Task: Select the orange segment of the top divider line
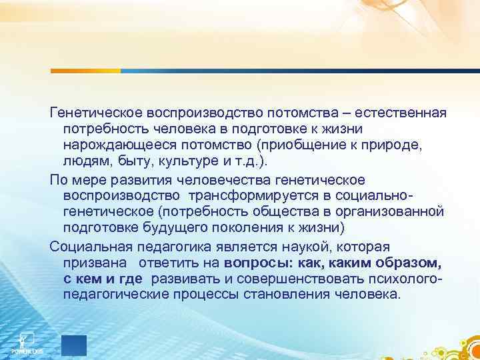[x=86, y=70]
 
